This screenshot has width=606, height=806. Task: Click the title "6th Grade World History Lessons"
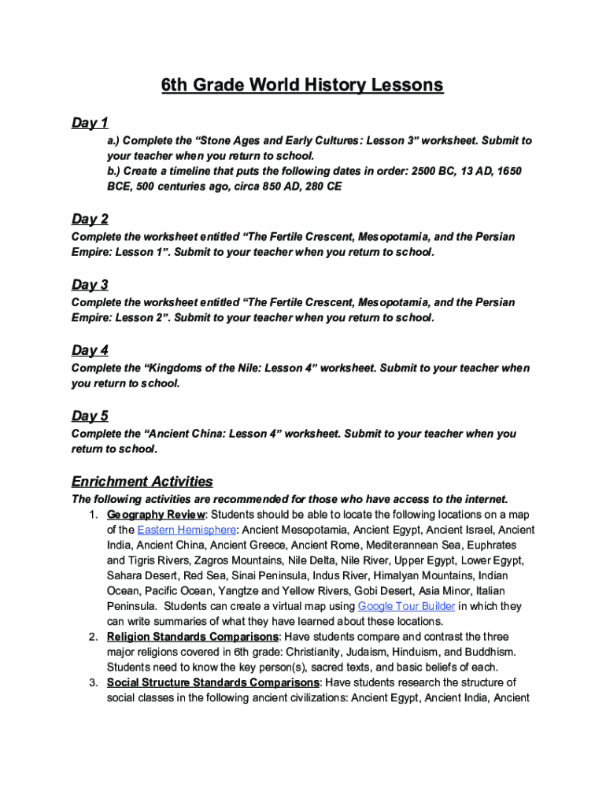(302, 85)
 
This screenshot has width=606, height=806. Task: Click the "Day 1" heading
(90, 123)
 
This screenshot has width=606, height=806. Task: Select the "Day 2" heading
(90, 219)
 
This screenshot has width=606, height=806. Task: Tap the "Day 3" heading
(90, 285)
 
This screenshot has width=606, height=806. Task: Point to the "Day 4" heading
(90, 350)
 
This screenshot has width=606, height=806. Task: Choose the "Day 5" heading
(90, 416)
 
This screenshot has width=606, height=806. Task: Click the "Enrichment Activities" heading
(142, 481)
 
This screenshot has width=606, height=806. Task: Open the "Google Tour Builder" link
(406, 606)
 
